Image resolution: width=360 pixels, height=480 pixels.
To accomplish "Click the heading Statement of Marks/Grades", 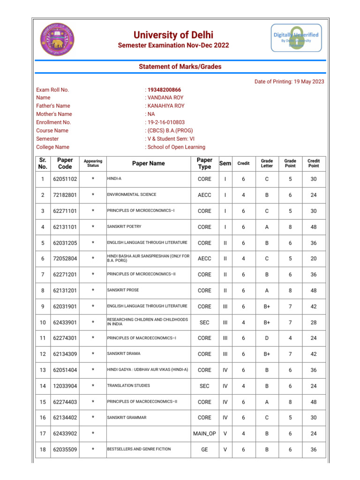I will tap(180, 67).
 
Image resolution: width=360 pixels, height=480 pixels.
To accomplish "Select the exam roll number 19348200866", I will tap(165, 90).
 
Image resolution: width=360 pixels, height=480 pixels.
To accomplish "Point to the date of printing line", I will tap(289, 82).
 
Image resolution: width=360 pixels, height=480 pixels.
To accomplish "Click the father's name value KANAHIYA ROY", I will tap(166, 106).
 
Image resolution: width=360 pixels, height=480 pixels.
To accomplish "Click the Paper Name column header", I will tap(148, 164).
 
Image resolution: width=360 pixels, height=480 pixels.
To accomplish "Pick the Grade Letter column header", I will tap(267, 164).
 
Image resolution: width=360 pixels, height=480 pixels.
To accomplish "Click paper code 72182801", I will tap(65, 195).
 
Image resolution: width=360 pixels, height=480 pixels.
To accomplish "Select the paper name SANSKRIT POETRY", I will tap(124, 226).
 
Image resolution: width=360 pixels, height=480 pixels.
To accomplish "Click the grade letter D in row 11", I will tap(267, 338).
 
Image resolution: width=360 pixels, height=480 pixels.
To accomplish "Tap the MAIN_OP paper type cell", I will tap(204, 434).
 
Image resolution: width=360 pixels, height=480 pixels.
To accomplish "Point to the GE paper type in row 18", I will tap(204, 450).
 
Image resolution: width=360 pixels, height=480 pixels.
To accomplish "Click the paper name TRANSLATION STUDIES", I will tap(128, 386).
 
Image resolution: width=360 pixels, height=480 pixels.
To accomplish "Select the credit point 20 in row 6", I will tap(314, 258).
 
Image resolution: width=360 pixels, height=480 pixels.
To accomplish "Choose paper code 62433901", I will tap(65, 322).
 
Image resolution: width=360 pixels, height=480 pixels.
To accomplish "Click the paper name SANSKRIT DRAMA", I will tap(123, 354).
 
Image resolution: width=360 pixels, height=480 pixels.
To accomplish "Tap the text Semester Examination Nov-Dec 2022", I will tap(173, 45).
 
